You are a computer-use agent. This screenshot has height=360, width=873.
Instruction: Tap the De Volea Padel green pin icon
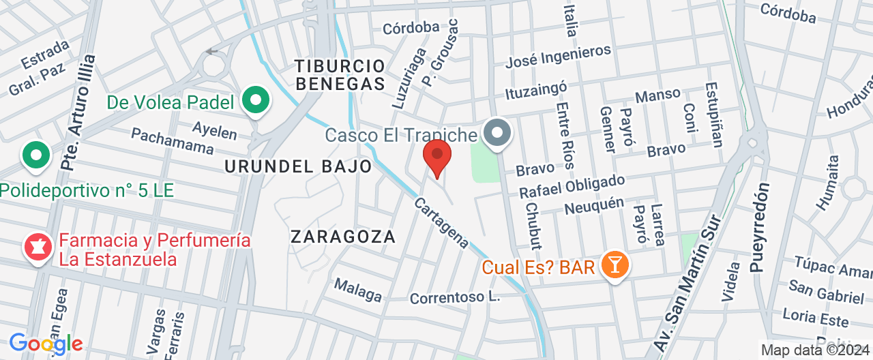256,102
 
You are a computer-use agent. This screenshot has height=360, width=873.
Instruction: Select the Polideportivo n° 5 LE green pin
36,155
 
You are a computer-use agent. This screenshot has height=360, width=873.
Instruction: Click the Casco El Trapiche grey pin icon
497,132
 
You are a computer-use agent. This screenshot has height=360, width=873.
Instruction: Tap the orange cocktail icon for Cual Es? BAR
615,265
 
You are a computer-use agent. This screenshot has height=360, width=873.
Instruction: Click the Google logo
46,344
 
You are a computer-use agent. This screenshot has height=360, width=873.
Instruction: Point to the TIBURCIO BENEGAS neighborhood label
340,75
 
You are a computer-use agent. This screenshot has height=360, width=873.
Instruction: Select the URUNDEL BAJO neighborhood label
298,166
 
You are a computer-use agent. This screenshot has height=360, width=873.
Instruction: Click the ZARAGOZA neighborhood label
343,237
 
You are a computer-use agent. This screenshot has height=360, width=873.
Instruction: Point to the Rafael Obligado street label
572,187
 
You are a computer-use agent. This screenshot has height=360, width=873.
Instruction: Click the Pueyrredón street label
760,227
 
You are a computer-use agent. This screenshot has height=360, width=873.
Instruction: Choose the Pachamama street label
172,140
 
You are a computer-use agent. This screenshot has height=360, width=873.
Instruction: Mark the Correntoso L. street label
455,298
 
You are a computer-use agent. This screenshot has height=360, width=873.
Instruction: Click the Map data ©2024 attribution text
814,350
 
